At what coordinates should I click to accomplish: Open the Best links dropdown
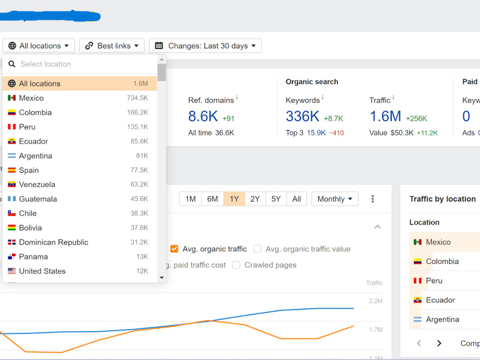(112, 46)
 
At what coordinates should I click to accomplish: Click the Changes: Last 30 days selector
(205, 46)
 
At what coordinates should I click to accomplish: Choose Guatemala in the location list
(37, 199)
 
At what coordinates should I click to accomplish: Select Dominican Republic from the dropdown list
(54, 242)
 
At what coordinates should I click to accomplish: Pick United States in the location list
(42, 271)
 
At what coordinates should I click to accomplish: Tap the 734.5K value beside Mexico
(137, 98)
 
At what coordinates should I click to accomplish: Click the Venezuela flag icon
(12, 184)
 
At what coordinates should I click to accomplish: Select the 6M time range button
(213, 199)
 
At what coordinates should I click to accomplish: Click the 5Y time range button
(276, 199)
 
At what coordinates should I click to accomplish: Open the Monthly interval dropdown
(335, 199)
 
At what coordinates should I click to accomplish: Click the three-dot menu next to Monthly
(372, 199)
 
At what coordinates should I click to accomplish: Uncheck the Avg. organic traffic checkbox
(174, 249)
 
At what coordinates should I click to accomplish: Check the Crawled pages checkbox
(236, 265)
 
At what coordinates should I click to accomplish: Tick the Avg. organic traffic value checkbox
(257, 249)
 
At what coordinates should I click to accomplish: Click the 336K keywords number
(302, 116)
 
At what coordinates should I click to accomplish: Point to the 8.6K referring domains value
(203, 116)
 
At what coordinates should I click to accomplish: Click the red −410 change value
(336, 133)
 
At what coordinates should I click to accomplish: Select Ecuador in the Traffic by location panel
(440, 300)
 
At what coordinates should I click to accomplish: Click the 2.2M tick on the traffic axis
(376, 301)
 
